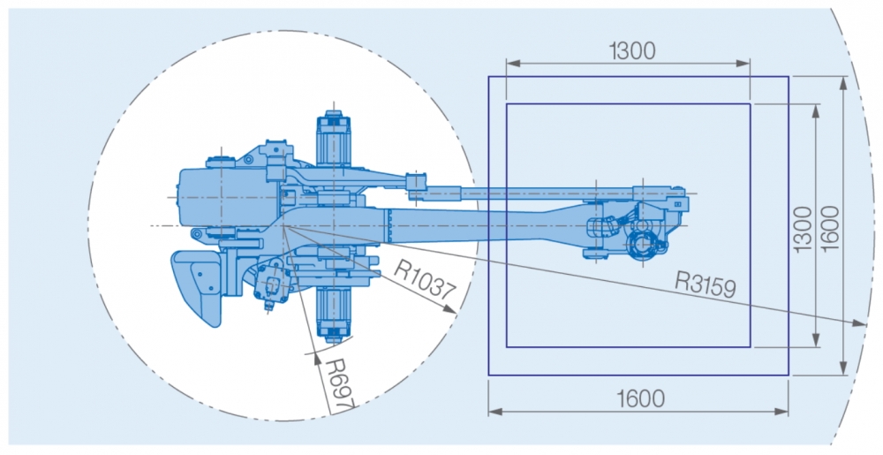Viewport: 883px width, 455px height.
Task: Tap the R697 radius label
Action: point(340,383)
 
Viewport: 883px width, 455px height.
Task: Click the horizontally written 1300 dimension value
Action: point(632,51)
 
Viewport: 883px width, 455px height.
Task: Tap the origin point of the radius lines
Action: point(285,226)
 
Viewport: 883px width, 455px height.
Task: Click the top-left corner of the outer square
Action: point(489,77)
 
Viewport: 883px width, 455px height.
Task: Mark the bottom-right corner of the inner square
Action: point(751,347)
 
